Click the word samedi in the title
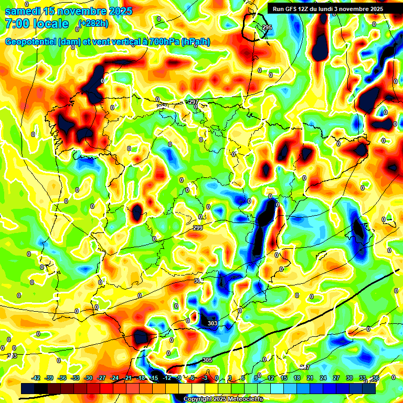pos(23,11)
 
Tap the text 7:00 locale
pos(36,24)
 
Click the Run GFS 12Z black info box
pos(328,9)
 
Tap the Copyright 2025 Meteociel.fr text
pos(223,399)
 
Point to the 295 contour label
pos(267,27)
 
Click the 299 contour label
pos(197,228)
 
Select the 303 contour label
pos(212,323)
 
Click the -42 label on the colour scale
pos(36,378)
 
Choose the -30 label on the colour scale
pos(88,378)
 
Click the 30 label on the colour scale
pos(349,378)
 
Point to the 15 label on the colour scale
pos(284,378)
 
